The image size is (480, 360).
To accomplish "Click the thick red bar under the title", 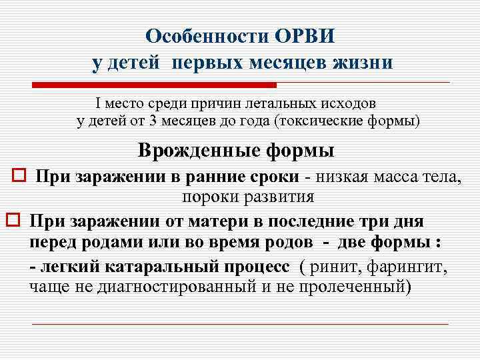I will click(x=154, y=85).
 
